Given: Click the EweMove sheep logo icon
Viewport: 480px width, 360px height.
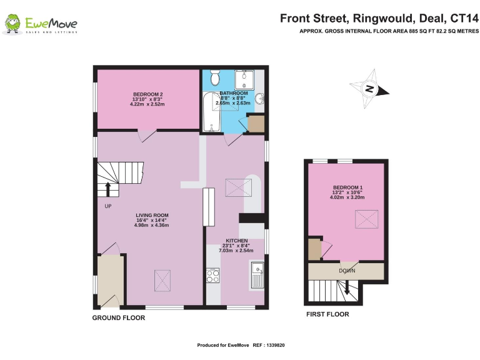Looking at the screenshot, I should [x=13, y=24].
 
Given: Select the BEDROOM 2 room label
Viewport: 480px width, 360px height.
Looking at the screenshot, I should [x=147, y=94].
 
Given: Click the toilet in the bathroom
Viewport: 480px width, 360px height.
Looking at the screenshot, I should [x=215, y=78].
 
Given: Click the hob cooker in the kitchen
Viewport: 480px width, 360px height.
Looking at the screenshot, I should [x=213, y=276].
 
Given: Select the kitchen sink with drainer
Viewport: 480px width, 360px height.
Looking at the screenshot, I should [x=257, y=274].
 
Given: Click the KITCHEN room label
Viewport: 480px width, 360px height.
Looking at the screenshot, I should [x=237, y=241].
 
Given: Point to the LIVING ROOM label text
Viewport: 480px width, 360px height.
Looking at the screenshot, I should [x=152, y=216].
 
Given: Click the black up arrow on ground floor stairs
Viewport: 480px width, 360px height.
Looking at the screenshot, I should [x=108, y=188].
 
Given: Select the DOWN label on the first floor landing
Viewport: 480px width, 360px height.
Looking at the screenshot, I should [x=347, y=271].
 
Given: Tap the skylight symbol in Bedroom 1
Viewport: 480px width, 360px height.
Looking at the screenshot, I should [x=363, y=220].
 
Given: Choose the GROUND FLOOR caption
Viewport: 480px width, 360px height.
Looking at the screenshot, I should [x=119, y=318].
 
